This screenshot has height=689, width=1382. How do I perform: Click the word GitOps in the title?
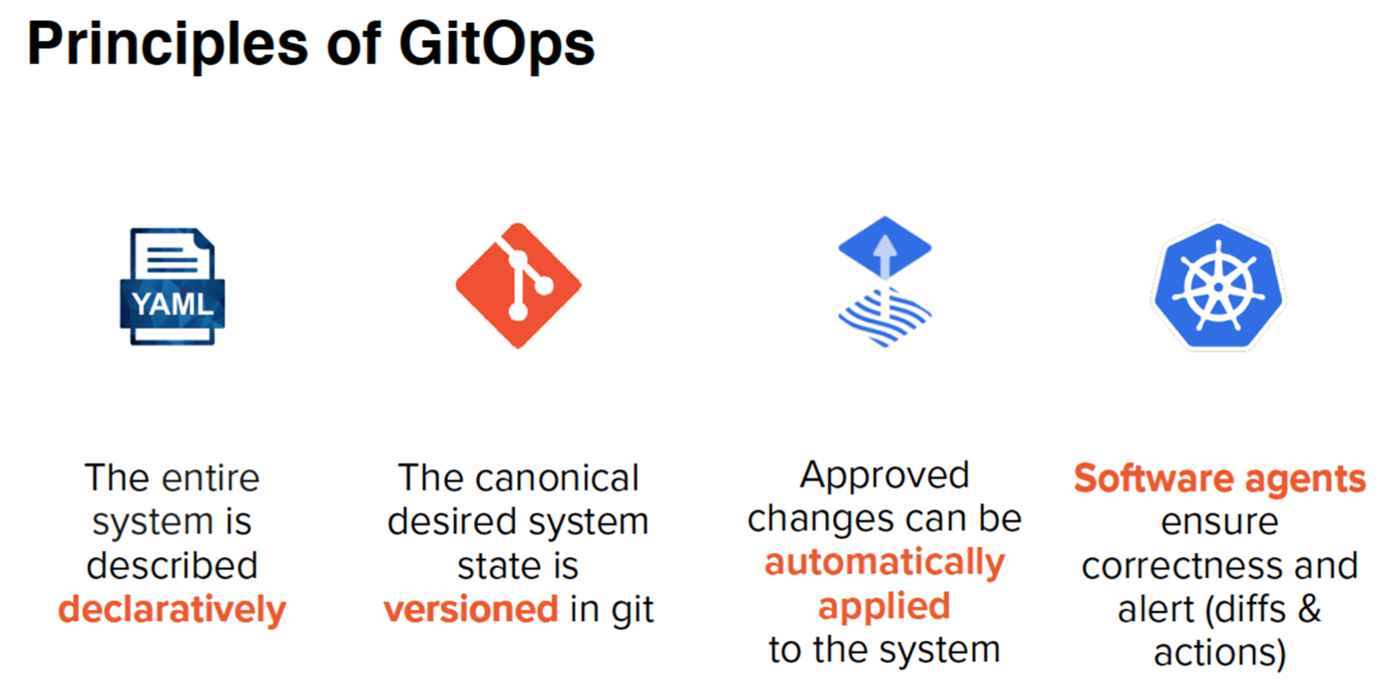coord(497,45)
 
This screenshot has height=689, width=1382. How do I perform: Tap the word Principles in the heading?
coord(168,45)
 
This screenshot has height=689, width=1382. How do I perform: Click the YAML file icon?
coord(173,287)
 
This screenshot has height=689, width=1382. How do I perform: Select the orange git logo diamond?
coord(518,286)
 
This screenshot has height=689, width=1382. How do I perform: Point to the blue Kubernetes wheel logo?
coord(1218,286)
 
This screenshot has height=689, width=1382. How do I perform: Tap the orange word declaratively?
coord(173,610)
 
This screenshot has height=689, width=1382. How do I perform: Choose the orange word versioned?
coord(471,609)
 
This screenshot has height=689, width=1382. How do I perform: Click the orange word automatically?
coord(885,563)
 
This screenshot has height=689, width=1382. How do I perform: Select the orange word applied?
coord(884,607)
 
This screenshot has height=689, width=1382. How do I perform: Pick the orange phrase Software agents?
coord(1219,479)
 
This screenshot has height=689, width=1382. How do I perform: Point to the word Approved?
coord(885,476)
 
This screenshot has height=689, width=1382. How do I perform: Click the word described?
coord(173,565)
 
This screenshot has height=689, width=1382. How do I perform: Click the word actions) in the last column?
coord(1219,653)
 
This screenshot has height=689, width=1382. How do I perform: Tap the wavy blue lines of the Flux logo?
coord(885,318)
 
